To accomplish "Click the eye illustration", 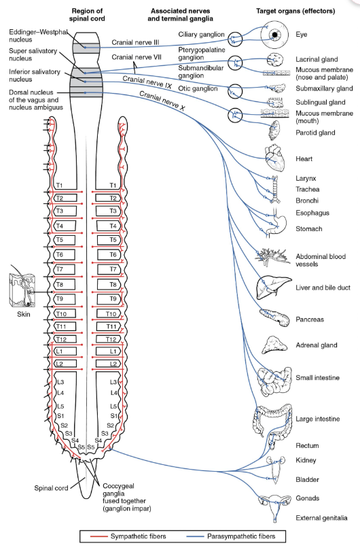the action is pyautogui.click(x=274, y=34).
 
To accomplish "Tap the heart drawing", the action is pyautogui.click(x=274, y=158).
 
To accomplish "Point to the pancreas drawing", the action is pyautogui.click(x=274, y=317).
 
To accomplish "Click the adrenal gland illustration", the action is pyautogui.click(x=274, y=345).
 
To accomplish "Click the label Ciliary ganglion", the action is pyautogui.click(x=201, y=34).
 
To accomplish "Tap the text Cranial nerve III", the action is pyautogui.click(x=135, y=42).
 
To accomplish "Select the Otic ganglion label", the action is pyautogui.click(x=198, y=88).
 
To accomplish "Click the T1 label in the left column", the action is pyautogui.click(x=59, y=185).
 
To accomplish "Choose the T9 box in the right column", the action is pyautogui.click(x=109, y=299).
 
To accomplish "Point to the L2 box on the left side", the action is pyautogui.click(x=66, y=364).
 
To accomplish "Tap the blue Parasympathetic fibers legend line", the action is pyautogui.click(x=195, y=536).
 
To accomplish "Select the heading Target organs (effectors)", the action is pyautogui.click(x=295, y=11).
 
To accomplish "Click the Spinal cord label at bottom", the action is pyautogui.click(x=51, y=488).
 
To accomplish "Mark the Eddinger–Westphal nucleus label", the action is pyautogui.click(x=38, y=35).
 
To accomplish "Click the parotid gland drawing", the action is pyautogui.click(x=274, y=131).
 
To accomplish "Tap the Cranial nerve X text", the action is pyautogui.click(x=162, y=101).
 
